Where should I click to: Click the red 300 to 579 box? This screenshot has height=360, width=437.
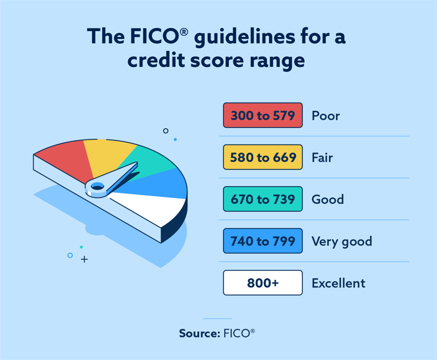263,116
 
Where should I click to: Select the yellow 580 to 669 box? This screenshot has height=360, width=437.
263,158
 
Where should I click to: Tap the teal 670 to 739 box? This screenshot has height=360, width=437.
263,200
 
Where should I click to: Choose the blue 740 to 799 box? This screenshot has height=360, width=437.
263,242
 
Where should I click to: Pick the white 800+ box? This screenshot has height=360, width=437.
263,283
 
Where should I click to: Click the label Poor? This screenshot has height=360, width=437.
326,116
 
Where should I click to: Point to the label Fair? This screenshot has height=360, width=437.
322,158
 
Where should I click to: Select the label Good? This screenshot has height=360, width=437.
327,200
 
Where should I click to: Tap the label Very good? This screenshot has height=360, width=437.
342,242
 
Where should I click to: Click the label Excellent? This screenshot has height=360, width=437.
338,283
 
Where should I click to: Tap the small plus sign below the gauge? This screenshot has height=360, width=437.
84,260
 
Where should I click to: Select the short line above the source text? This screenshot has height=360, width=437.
217,319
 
